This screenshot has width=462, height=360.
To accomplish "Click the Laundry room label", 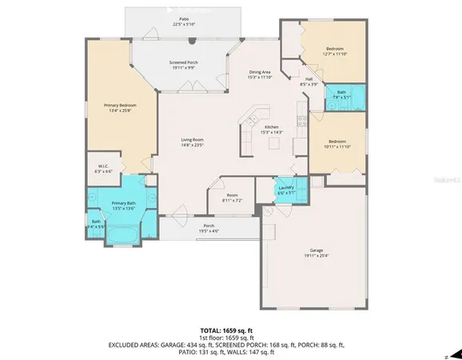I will (x=286, y=190).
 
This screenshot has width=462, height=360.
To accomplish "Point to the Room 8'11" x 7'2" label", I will (x=232, y=197).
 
